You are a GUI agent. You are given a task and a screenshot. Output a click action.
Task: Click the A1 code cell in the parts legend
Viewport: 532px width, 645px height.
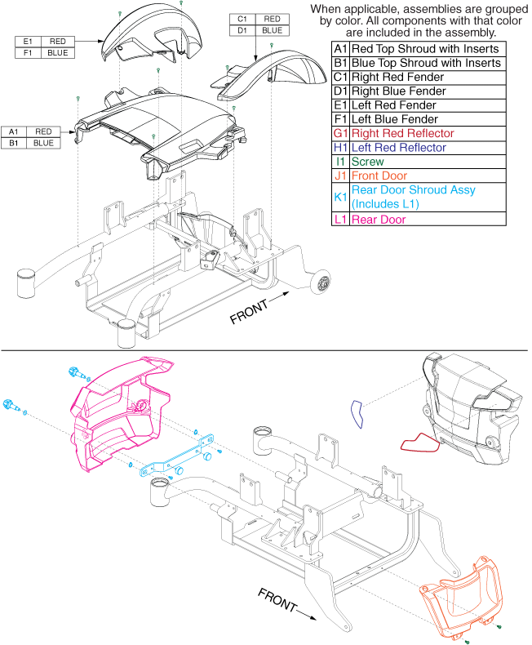340,48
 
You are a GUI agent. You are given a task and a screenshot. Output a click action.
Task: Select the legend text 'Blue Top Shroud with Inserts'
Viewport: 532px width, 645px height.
425,63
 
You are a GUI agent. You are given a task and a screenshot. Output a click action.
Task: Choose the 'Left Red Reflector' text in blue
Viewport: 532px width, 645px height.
398,148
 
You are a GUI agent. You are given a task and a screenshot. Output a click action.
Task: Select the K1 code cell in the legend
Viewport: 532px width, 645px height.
340,197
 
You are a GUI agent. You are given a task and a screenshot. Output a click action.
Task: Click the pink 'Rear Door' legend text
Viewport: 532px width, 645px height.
378,219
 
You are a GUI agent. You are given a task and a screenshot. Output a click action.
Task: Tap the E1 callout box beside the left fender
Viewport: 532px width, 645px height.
27,41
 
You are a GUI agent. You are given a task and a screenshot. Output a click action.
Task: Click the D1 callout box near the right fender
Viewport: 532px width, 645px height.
242,29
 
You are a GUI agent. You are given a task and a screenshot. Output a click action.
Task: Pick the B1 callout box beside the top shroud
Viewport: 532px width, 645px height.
13,143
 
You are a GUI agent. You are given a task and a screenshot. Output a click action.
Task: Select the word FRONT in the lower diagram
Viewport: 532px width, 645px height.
277,598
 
